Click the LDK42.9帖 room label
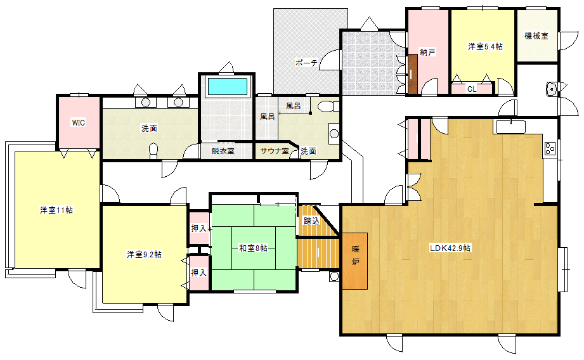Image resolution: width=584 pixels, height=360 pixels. (450, 248)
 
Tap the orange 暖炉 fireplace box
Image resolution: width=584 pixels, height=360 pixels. (355, 261)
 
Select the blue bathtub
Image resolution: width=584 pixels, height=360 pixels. (227, 86)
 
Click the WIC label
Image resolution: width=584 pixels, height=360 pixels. (78, 122)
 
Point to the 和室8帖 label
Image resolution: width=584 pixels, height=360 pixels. (253, 248)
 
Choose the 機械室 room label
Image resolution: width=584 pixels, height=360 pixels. (536, 35)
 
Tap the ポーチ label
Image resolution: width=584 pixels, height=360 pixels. (306, 63)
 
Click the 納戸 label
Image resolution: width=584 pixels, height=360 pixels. (427, 53)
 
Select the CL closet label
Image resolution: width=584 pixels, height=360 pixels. (472, 89)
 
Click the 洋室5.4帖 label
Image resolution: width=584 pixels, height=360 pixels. (485, 46)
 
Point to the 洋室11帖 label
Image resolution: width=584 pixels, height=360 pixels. (56, 210)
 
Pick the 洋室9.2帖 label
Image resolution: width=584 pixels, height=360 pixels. (144, 255)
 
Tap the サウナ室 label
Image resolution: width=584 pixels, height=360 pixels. (275, 151)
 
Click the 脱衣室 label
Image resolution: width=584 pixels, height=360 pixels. (223, 151)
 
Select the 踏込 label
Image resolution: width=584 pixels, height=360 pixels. (311, 221)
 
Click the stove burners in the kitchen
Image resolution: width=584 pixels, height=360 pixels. (550, 148)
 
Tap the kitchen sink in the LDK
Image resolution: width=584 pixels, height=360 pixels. (510, 127)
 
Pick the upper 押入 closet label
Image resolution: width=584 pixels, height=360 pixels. (198, 228)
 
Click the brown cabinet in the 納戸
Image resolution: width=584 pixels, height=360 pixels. (412, 74)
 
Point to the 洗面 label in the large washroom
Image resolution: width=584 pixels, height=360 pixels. (149, 129)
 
